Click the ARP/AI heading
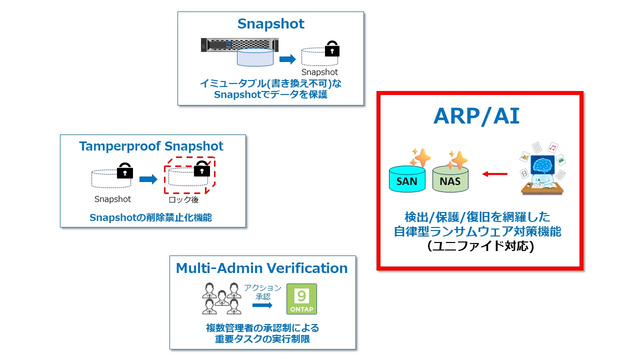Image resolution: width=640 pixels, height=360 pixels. (476, 116)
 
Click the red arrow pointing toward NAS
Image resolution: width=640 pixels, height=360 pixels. (494, 174)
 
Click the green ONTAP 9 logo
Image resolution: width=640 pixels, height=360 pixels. (301, 299)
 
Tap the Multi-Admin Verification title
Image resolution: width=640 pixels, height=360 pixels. (262, 268)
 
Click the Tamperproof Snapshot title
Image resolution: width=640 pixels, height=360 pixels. (151, 146)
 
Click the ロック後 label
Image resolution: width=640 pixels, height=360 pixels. (184, 200)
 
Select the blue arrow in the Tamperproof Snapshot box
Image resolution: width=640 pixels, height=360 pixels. (148, 179)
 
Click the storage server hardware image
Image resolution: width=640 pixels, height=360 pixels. (238, 45)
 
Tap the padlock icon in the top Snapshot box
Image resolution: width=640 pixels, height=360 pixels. (332, 49)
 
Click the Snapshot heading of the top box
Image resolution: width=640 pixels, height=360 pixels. (270, 23)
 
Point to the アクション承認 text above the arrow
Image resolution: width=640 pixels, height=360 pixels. (262, 292)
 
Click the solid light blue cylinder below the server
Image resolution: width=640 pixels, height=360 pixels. (255, 58)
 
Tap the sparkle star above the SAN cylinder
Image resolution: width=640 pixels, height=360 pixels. (420, 157)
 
